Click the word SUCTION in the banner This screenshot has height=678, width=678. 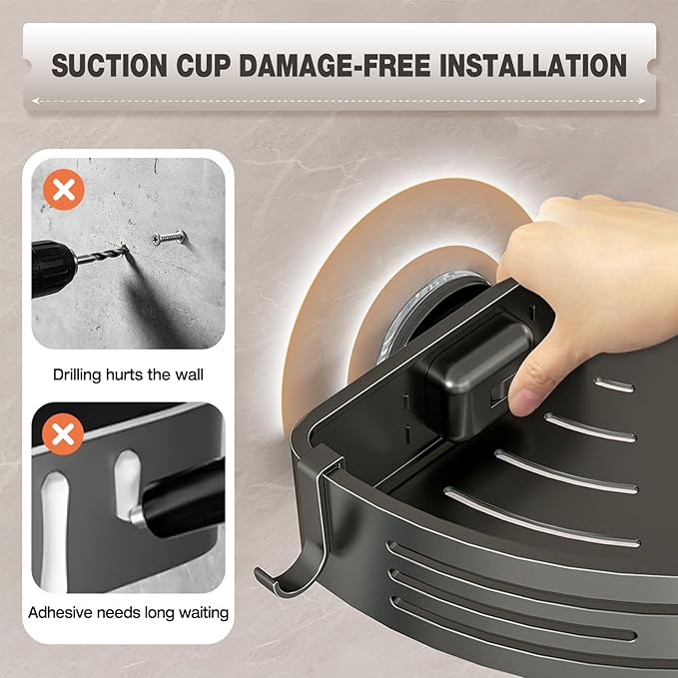[x=110, y=65]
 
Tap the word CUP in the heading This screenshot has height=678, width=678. [x=203, y=65]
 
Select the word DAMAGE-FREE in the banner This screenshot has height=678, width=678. [x=335, y=65]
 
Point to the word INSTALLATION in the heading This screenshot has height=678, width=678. [x=533, y=65]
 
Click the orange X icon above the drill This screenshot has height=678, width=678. [x=64, y=190]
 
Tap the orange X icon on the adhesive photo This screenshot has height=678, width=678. [x=63, y=434]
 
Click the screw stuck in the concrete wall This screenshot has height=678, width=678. [x=169, y=238]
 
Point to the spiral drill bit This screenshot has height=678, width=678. [x=103, y=255]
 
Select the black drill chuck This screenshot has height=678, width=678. [x=53, y=268]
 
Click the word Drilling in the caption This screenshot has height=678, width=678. [x=78, y=374]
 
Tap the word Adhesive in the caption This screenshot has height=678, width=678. [x=61, y=613]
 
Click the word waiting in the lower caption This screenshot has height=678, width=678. [x=203, y=613]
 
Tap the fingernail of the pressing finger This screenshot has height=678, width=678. [x=522, y=401]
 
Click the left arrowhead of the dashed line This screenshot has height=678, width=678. [x=36, y=101]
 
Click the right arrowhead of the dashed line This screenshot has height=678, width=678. [x=642, y=101]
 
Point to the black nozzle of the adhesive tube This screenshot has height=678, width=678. [x=182, y=497]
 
